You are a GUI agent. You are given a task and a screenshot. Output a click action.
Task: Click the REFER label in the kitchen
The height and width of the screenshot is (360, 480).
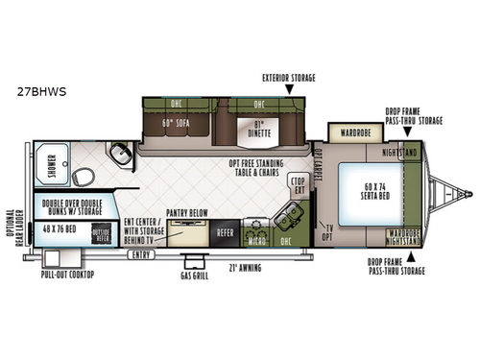click(225, 230)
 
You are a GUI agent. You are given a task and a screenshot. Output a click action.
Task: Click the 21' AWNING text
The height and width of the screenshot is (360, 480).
click(247, 268)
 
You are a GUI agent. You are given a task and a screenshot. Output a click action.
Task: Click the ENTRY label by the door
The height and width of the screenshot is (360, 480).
click(142, 254)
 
